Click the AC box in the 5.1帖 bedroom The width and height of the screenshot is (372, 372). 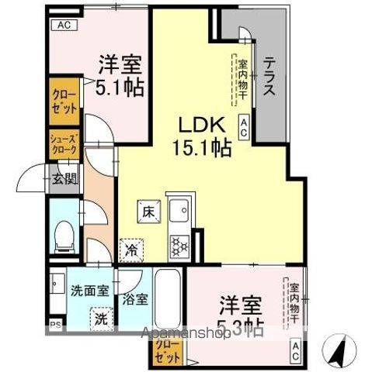[64, 24]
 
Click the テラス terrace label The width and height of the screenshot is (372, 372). [269, 78]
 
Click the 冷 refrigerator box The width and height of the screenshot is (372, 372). [131, 250]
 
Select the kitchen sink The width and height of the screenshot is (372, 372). [181, 211]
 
